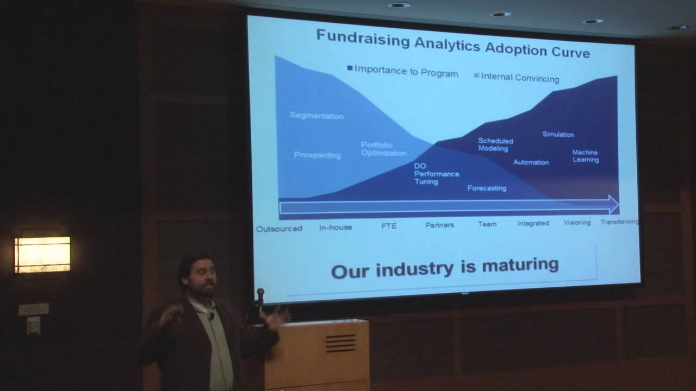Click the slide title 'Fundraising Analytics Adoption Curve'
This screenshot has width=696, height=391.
point(452,45)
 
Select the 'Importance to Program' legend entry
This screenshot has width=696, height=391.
point(403,71)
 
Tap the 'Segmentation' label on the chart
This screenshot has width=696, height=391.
point(316,116)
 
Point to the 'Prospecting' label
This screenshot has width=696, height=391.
point(317,155)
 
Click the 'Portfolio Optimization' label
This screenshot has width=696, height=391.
point(383,149)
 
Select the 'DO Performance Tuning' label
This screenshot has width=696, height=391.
point(436,174)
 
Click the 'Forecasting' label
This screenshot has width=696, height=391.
point(487,188)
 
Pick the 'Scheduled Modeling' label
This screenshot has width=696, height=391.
point(495,144)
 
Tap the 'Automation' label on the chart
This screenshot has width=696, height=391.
point(531,162)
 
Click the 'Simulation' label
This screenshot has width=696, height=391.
point(558,134)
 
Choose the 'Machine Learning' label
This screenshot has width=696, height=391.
point(585,156)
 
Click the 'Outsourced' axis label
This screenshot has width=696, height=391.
point(279,229)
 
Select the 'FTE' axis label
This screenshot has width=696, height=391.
point(389,226)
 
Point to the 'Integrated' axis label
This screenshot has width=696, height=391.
point(533,223)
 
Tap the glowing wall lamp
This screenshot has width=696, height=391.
point(42,254)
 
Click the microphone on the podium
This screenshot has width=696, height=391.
point(260,295)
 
